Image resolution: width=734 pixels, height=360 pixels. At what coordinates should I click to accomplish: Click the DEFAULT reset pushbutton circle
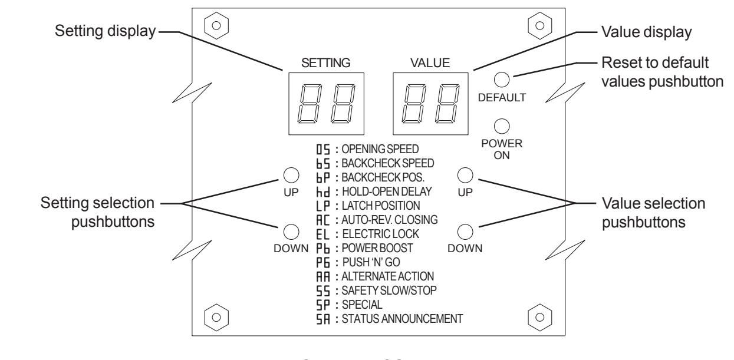pyautogui.click(x=501, y=80)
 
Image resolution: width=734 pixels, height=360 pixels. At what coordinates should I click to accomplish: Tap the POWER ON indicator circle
pyautogui.click(x=501, y=126)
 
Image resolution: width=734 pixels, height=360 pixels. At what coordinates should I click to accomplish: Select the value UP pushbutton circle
pyautogui.click(x=465, y=175)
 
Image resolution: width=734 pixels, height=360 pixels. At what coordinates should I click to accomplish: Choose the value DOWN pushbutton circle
pyautogui.click(x=465, y=232)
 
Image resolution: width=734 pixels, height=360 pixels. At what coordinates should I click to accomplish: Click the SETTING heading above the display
pyautogui.click(x=325, y=63)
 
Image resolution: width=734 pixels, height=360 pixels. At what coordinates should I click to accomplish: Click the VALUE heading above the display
pyautogui.click(x=430, y=63)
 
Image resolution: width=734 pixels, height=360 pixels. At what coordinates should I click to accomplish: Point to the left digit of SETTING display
pyautogui.click(x=310, y=104)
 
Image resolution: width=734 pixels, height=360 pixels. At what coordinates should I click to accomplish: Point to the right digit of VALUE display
pyautogui.click(x=447, y=104)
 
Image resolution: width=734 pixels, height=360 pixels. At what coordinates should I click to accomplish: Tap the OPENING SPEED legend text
pyautogui.click(x=380, y=149)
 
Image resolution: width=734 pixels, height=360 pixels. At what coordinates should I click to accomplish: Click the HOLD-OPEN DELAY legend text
pyautogui.click(x=387, y=191)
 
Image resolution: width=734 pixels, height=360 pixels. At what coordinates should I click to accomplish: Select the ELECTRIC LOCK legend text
pyautogui.click(x=380, y=234)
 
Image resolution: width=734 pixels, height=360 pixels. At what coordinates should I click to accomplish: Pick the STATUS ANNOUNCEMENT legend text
pyautogui.click(x=403, y=319)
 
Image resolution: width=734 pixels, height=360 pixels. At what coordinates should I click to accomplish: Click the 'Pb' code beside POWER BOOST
pyautogui.click(x=322, y=249)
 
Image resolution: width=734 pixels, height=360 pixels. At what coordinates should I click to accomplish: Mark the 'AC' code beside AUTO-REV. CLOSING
pyautogui.click(x=322, y=220)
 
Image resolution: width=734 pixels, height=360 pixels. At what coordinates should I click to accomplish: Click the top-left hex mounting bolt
pyautogui.click(x=216, y=25)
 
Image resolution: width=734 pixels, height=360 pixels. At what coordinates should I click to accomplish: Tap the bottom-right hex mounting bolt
pyautogui.click(x=539, y=317)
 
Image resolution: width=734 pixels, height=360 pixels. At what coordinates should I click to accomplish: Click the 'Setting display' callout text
pyautogui.click(x=105, y=31)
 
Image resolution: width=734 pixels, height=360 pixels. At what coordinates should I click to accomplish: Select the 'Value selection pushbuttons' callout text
pyautogui.click(x=653, y=213)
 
